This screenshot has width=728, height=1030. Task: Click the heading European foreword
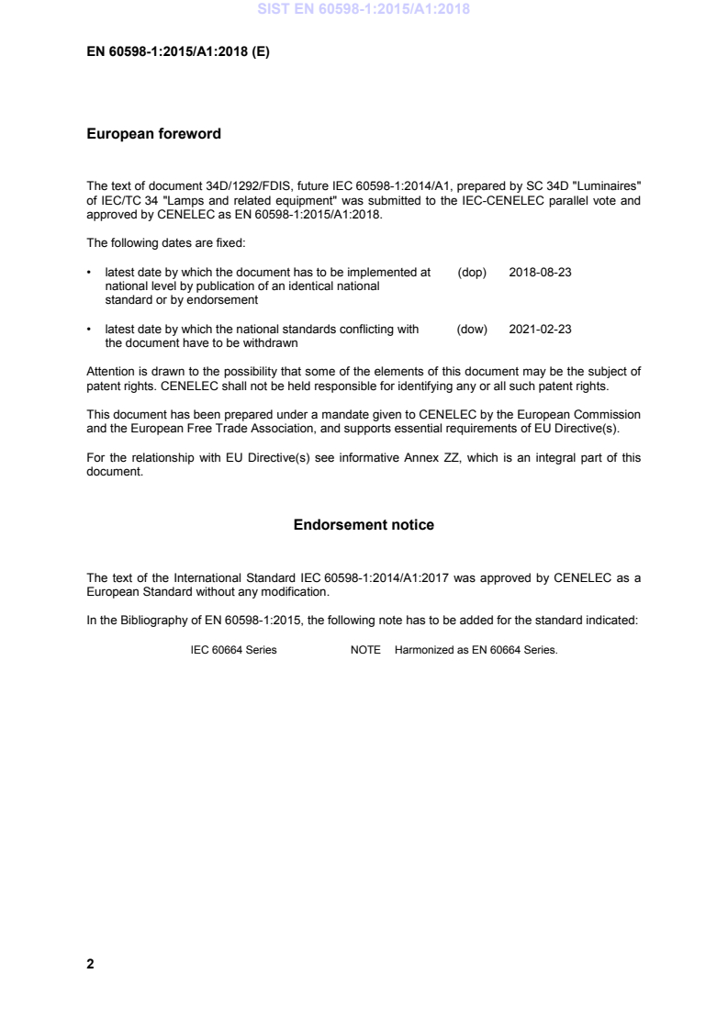coord(153,134)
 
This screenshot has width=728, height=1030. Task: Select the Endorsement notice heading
coord(364,525)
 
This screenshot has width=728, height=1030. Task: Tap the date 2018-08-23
coord(540,273)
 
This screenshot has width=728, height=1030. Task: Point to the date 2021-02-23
coord(540,330)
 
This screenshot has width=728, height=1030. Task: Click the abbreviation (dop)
coord(471,273)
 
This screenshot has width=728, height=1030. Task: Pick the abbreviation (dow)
coord(472,330)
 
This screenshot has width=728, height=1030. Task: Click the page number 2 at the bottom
coord(90,964)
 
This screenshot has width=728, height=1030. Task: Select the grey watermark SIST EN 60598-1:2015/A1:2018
coord(364,10)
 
